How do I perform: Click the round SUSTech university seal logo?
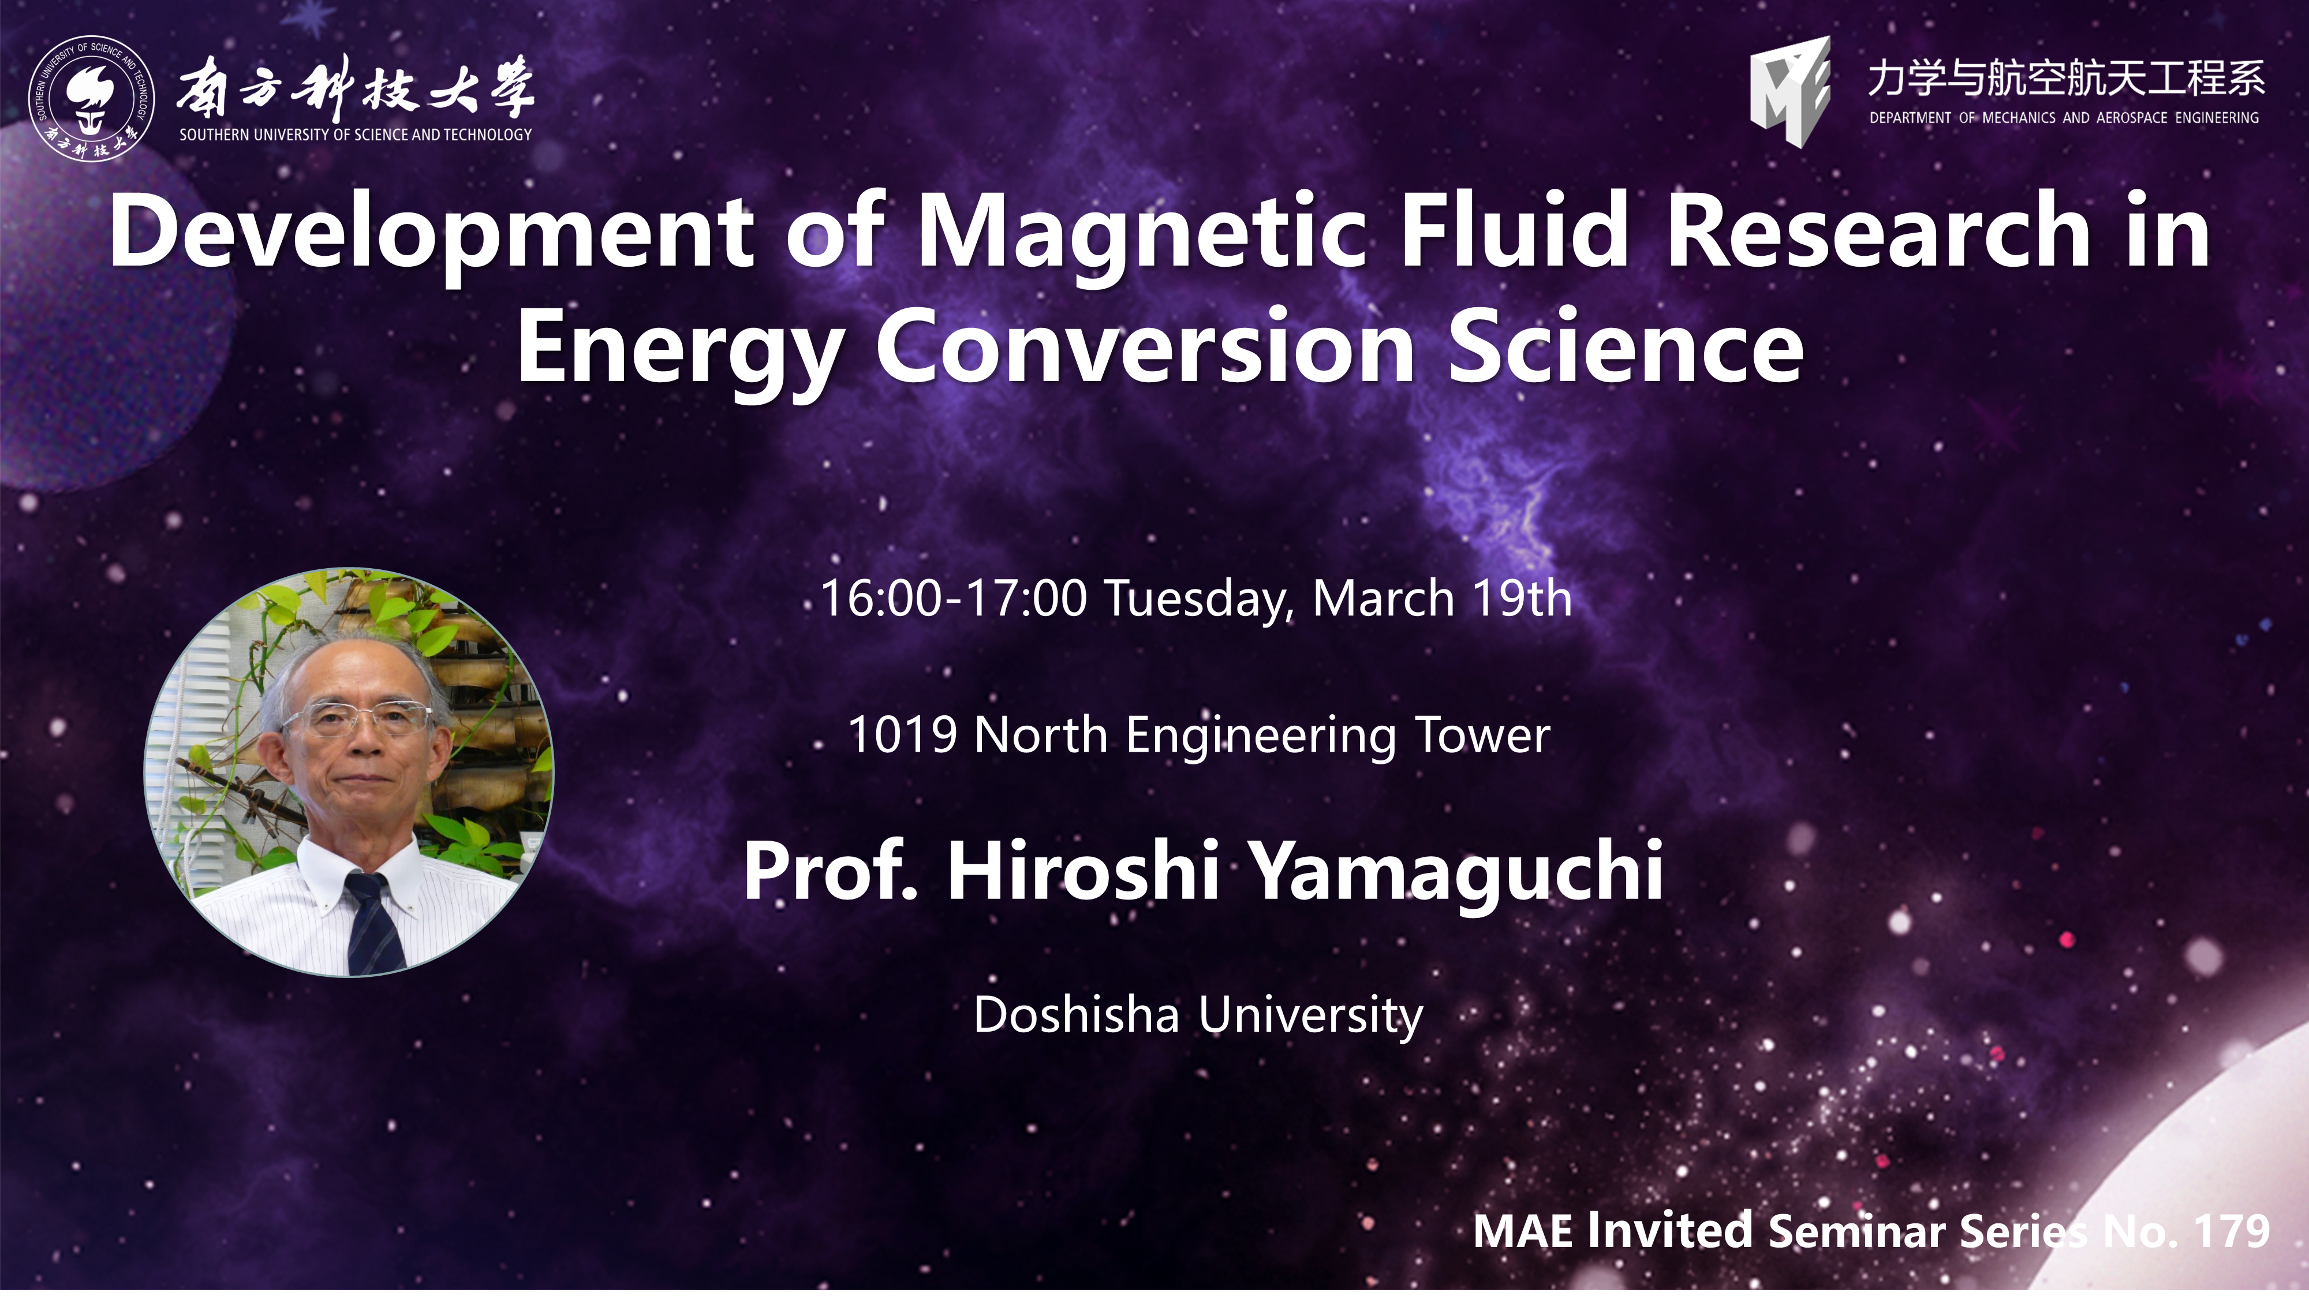91,99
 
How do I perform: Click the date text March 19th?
1442,598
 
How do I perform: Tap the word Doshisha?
1075,1015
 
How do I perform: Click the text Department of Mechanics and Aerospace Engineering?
2064,117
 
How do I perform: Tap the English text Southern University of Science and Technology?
356,135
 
